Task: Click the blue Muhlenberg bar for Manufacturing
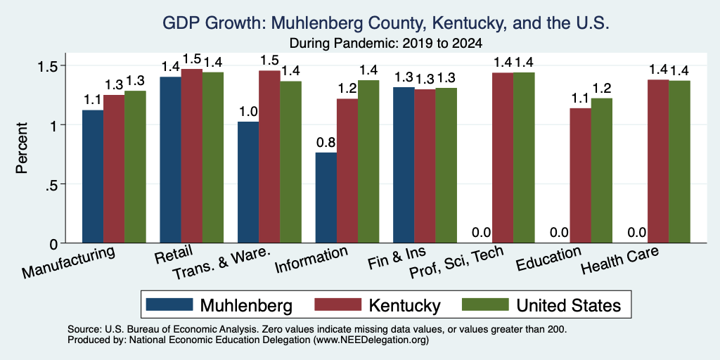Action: click(93, 176)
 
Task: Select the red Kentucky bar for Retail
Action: click(191, 155)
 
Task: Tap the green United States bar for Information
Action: click(368, 162)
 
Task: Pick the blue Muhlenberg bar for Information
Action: click(326, 198)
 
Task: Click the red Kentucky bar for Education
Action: click(580, 175)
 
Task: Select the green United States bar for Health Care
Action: click(680, 162)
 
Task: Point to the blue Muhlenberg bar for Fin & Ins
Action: click(404, 165)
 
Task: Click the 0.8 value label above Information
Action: click(326, 143)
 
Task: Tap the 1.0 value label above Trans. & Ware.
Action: click(248, 112)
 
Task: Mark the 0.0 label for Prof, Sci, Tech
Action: click(482, 233)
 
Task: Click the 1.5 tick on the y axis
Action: click(49, 65)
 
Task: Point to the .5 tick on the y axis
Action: click(53, 184)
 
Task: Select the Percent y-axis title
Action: click(22, 148)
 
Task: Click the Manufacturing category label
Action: click(68, 262)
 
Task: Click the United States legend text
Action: click(568, 305)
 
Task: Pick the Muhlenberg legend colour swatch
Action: click(169, 304)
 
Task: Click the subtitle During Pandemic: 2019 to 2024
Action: click(386, 44)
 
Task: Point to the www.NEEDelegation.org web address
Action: click(371, 340)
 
